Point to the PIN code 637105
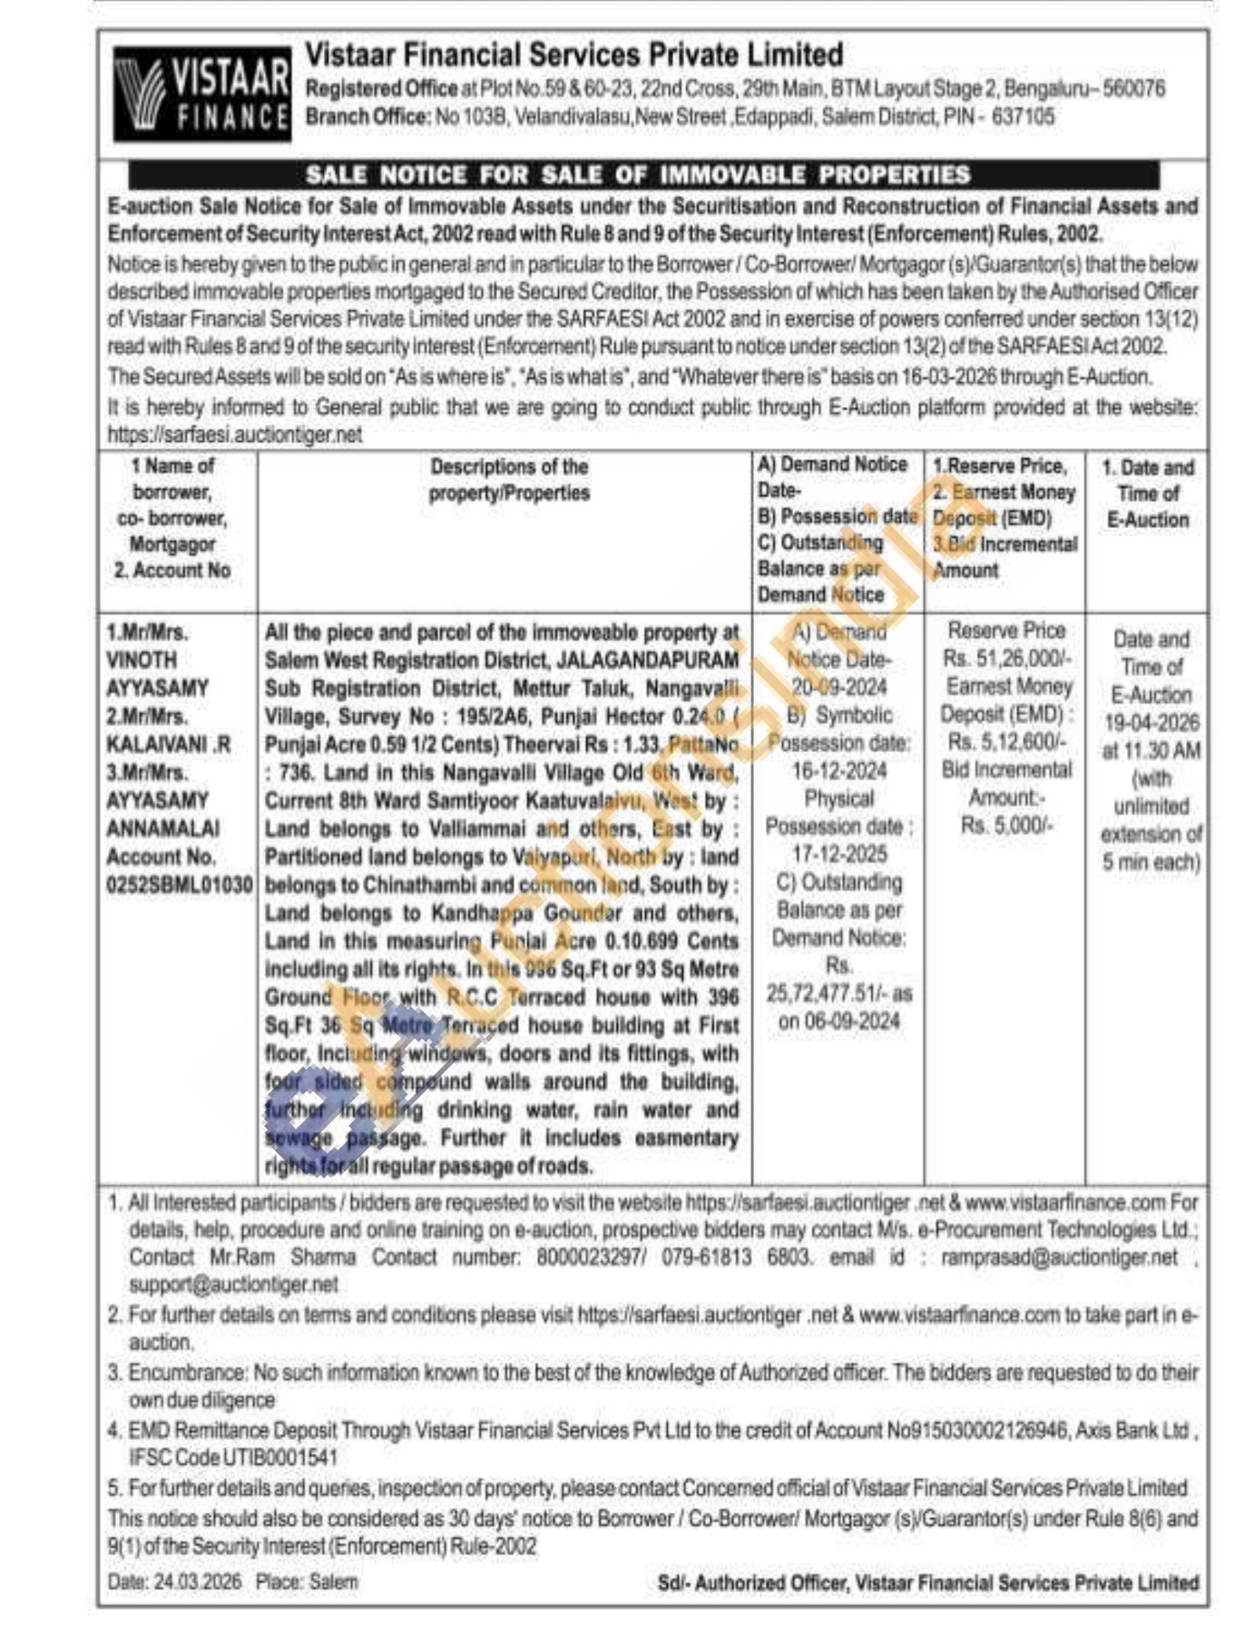[1022, 117]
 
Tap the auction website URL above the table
[235, 435]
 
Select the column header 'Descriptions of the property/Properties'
[509, 479]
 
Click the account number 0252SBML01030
[179, 885]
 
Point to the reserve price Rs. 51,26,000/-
[1007, 658]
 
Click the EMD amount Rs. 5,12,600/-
[1007, 742]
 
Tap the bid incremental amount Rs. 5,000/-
[1007, 825]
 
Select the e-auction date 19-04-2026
[1151, 722]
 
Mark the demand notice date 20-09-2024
[839, 687]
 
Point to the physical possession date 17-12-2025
[839, 854]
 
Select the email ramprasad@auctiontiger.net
[1058, 1257]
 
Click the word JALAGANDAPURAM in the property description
[647, 660]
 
